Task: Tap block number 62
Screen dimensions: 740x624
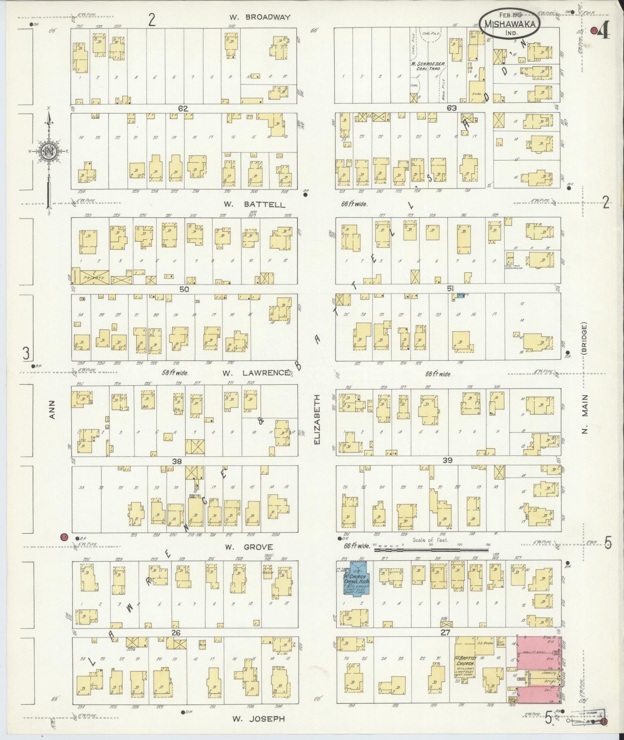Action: click(x=184, y=108)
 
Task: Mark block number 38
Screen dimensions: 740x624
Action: click(x=177, y=461)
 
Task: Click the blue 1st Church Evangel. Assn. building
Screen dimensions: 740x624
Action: click(x=357, y=583)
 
